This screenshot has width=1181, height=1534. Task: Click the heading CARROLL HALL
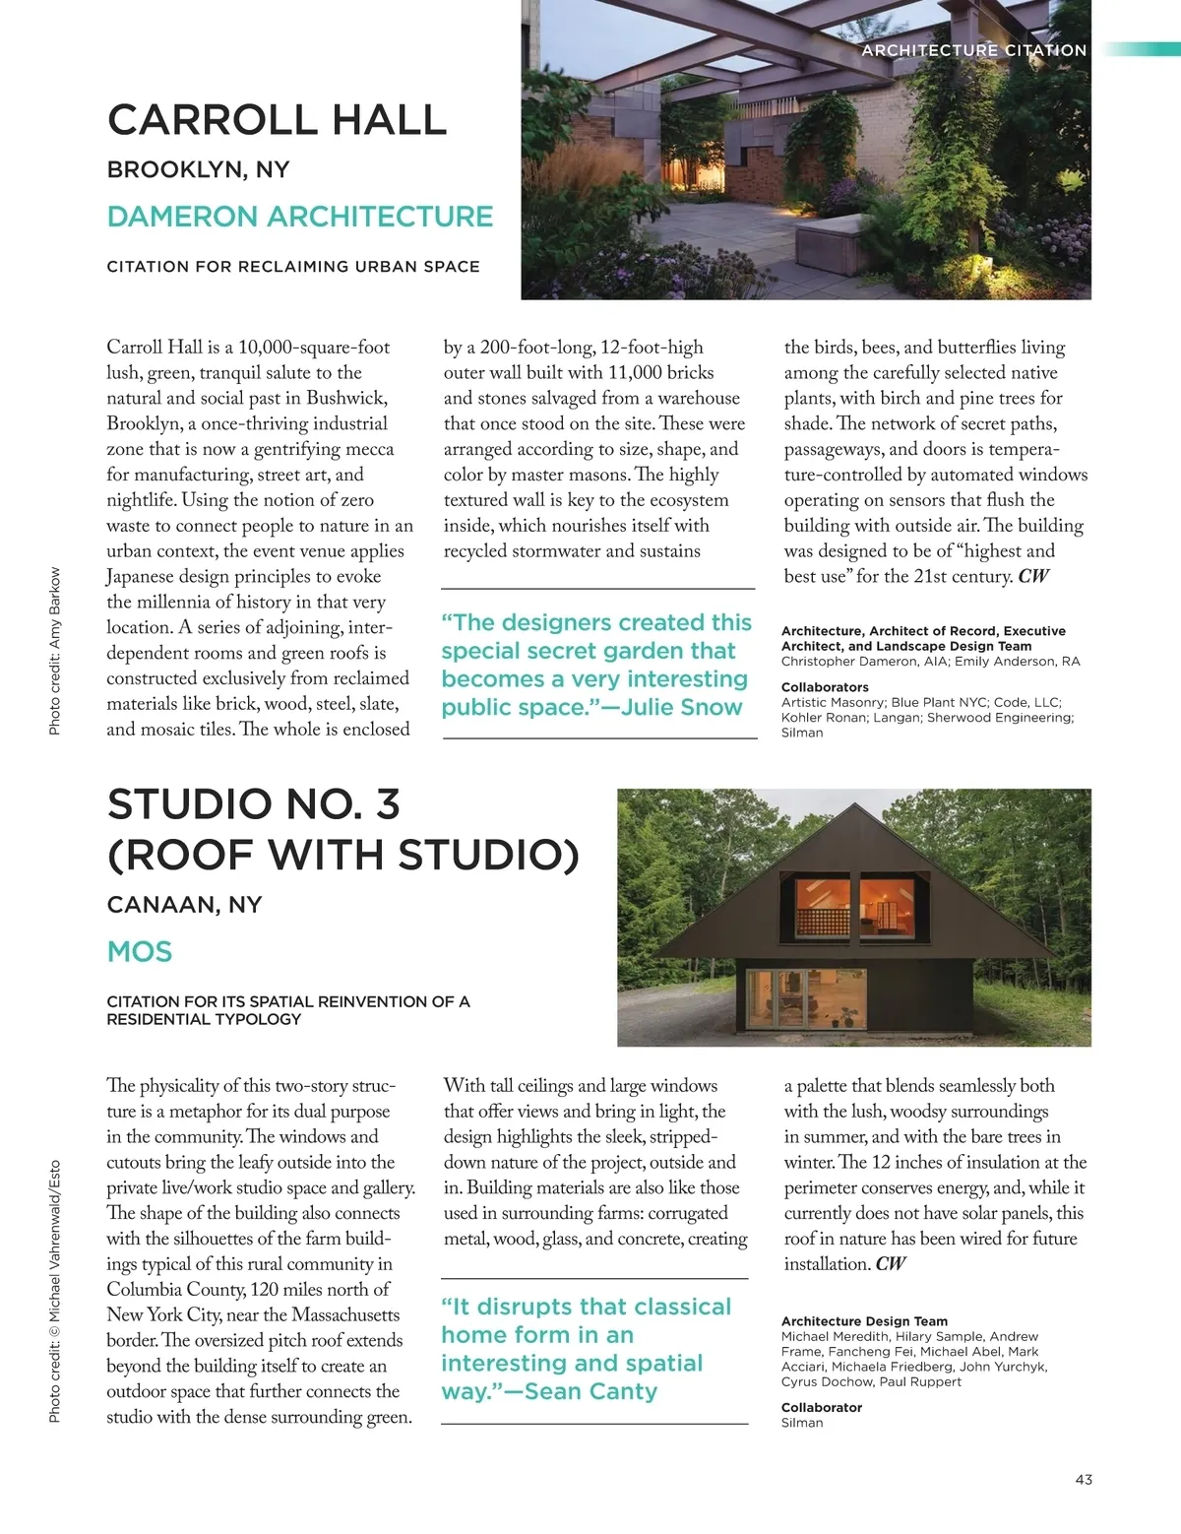[277, 120]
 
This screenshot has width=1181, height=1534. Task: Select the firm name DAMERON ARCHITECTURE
[299, 217]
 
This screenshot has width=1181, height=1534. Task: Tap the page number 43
[1084, 1479]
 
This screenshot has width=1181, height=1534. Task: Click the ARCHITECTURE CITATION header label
[973, 50]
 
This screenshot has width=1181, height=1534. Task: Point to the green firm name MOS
[140, 952]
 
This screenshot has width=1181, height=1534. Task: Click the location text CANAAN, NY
[184, 904]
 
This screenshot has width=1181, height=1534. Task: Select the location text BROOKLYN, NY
[198, 169]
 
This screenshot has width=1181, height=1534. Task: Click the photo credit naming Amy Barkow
[55, 650]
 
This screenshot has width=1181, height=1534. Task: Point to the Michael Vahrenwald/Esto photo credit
[55, 1291]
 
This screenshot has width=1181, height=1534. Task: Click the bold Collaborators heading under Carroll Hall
[825, 687]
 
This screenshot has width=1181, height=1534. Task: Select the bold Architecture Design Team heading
[864, 1321]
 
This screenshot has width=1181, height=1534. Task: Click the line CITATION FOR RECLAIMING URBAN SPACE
[293, 267]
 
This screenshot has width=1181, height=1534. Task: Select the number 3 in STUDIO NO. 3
[388, 804]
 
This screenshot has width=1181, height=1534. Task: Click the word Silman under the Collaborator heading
[802, 1423]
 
